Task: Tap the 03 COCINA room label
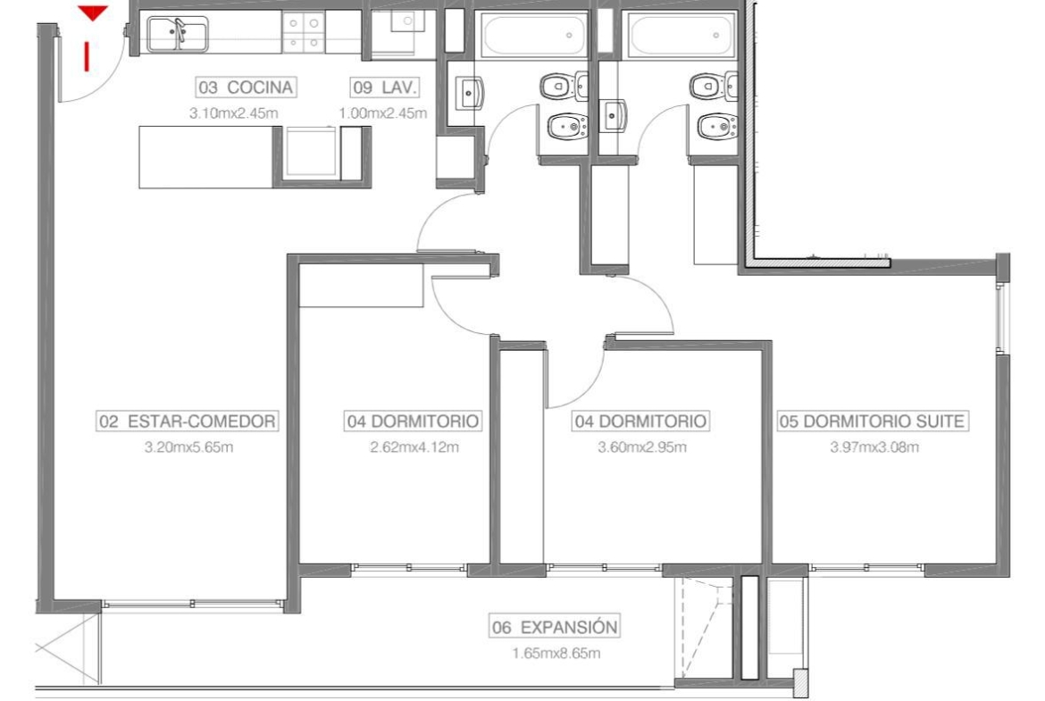pos(247,88)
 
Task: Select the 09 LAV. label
pos(385,88)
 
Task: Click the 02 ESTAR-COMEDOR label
pos(188,421)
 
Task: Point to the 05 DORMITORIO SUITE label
pos(873,421)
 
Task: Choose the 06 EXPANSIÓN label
pos(555,627)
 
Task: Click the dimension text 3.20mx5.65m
pos(188,447)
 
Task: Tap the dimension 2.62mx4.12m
pos(414,447)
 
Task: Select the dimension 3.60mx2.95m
pos(642,447)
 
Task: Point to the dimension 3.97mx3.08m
pos(874,447)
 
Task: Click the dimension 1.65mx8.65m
pos(556,654)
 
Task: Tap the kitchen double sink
pos(177,34)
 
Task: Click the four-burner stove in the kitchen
pos(304,33)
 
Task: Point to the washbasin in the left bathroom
pos(470,92)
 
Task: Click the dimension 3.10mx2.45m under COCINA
pos(233,113)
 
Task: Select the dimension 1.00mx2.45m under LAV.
pos(383,113)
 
